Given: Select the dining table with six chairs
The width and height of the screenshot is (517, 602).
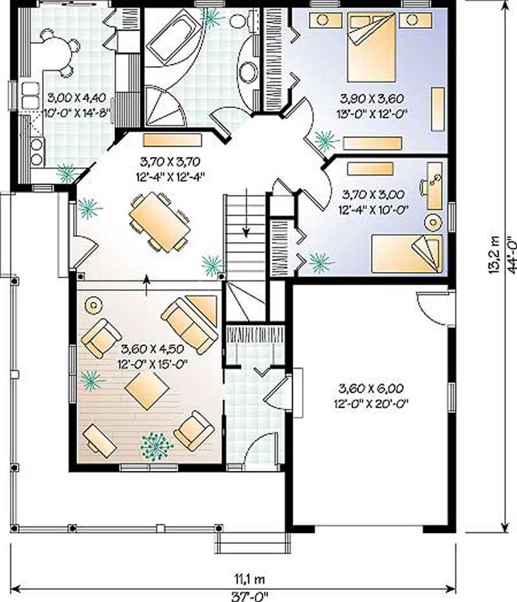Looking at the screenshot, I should tap(160, 223).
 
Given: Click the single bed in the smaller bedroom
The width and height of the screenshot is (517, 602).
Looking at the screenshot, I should tap(407, 253).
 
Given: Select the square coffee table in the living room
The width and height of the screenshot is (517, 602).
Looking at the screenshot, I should tap(147, 390).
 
